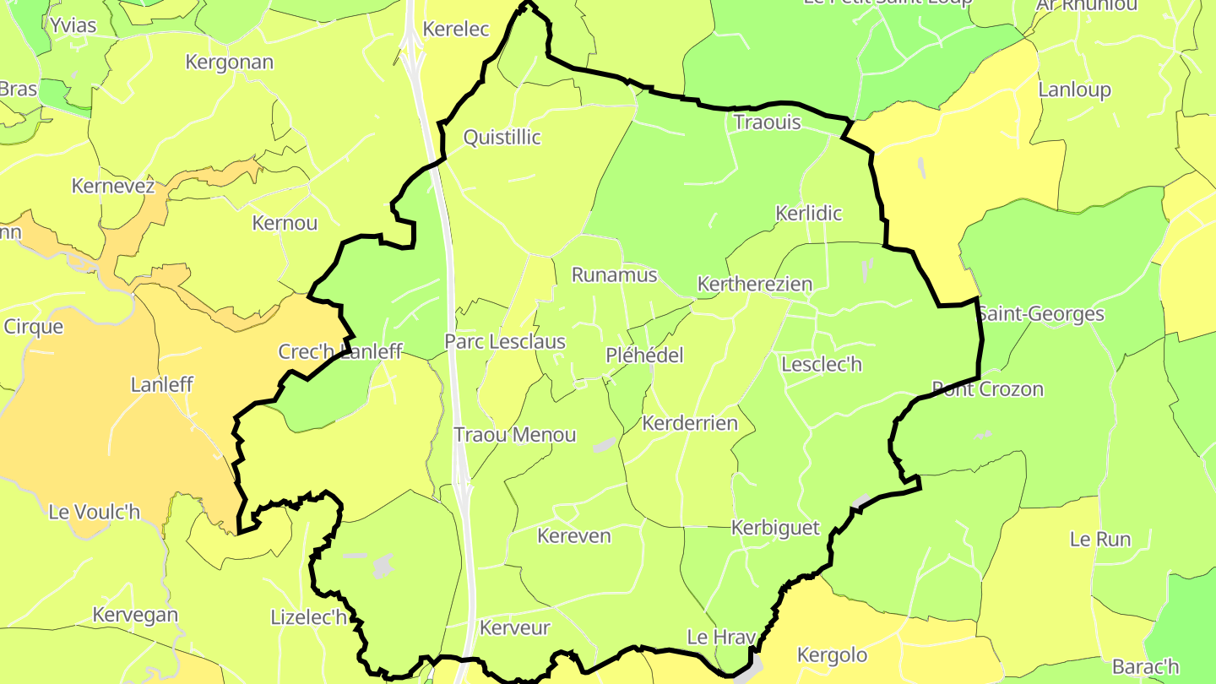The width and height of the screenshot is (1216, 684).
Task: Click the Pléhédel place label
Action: [644, 356]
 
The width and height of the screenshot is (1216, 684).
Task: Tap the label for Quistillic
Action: [502, 138]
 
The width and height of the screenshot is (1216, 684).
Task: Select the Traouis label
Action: [767, 122]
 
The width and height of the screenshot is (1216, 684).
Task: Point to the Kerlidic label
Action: [808, 214]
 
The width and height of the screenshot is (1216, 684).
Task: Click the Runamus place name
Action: [614, 275]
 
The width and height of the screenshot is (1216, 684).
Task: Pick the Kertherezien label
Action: [754, 285]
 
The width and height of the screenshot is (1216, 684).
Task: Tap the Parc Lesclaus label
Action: [505, 343]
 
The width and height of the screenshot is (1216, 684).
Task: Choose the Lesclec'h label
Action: [822, 365]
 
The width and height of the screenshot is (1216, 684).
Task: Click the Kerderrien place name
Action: [690, 423]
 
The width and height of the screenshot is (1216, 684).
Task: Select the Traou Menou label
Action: [515, 435]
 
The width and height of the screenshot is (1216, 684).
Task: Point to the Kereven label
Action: [573, 536]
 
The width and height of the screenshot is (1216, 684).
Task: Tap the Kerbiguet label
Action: [775, 529]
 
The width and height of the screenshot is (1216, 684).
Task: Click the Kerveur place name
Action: [514, 628]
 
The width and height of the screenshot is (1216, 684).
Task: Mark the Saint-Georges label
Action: [1040, 315]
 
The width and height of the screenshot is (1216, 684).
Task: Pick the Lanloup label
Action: [1074, 90]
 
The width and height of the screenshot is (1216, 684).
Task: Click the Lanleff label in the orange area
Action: [161, 385]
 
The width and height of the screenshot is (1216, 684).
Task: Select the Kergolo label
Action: [832, 655]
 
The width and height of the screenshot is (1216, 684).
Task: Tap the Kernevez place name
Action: [113, 187]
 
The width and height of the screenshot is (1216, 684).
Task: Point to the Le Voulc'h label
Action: [94, 512]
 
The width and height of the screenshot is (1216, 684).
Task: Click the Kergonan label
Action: [229, 62]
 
